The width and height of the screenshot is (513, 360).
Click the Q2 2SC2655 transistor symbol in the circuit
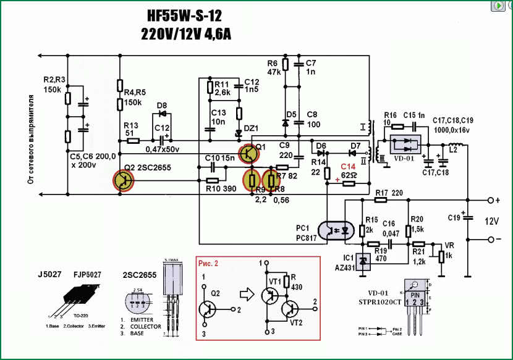click(123, 180)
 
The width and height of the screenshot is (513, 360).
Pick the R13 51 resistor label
click(130, 128)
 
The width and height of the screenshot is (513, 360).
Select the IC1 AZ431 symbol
click(363, 262)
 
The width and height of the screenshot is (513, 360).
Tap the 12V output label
click(491, 220)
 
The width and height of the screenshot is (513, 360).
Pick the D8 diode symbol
click(163, 114)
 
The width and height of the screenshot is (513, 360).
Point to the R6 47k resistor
click(285, 65)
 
